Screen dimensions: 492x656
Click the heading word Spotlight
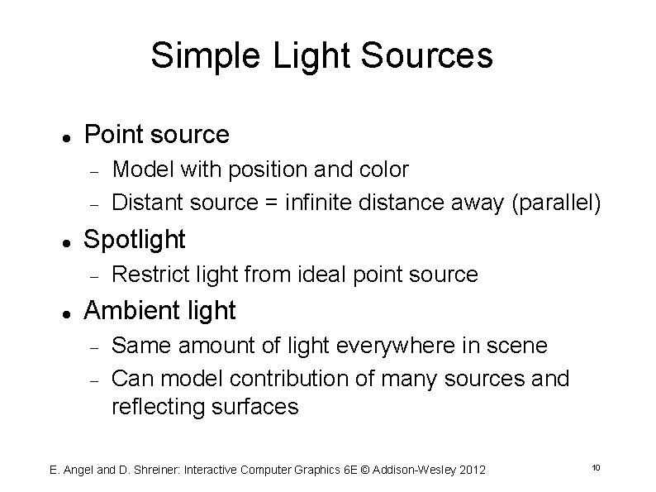135,240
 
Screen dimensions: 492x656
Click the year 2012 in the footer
470,470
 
